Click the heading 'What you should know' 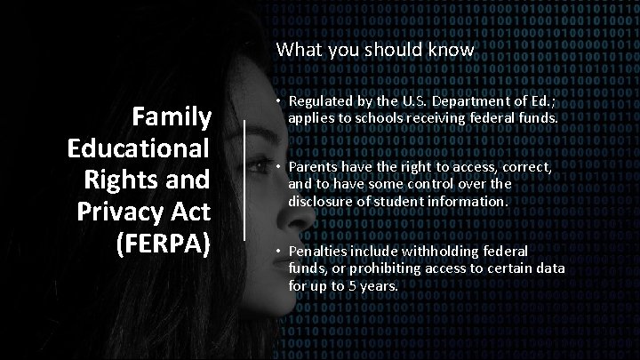pos(374,51)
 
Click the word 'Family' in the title pos(171,116)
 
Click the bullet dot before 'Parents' pos(279,168)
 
